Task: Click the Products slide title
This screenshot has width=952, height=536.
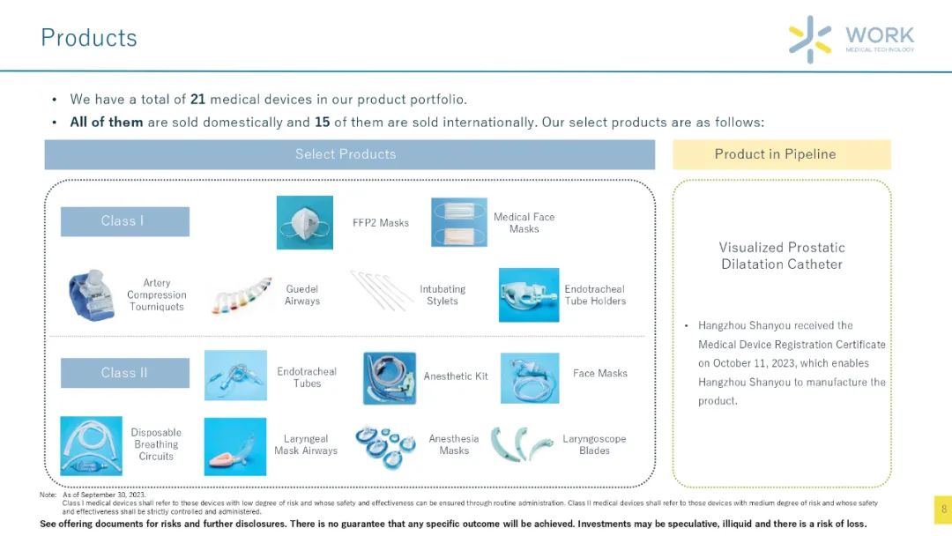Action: (89, 38)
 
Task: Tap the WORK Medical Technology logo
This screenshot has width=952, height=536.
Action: (852, 39)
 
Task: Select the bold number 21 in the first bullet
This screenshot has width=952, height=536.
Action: (198, 99)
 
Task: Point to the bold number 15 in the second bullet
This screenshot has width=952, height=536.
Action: (322, 122)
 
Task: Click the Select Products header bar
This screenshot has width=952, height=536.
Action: (350, 154)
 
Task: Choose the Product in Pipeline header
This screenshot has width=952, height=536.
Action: (781, 154)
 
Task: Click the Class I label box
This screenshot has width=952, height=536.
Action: (125, 221)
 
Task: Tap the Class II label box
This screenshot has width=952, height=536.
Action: (125, 373)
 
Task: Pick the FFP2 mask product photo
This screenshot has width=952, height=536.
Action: (305, 222)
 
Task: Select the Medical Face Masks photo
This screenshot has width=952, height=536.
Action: (459, 222)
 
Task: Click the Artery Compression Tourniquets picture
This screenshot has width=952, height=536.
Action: (92, 295)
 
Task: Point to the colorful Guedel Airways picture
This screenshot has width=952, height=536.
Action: (241, 295)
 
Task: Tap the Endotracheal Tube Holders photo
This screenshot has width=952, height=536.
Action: (529, 295)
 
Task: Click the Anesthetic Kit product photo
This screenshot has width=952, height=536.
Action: (390, 377)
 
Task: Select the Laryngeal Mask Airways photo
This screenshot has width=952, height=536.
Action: (235, 446)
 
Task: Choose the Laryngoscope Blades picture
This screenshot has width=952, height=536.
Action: (522, 443)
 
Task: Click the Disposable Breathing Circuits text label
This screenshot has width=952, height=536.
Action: (156, 444)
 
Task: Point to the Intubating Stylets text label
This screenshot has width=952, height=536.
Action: (443, 295)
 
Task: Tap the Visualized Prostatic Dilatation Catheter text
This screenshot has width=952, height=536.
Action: (782, 256)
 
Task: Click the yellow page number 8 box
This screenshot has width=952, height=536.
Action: (943, 510)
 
